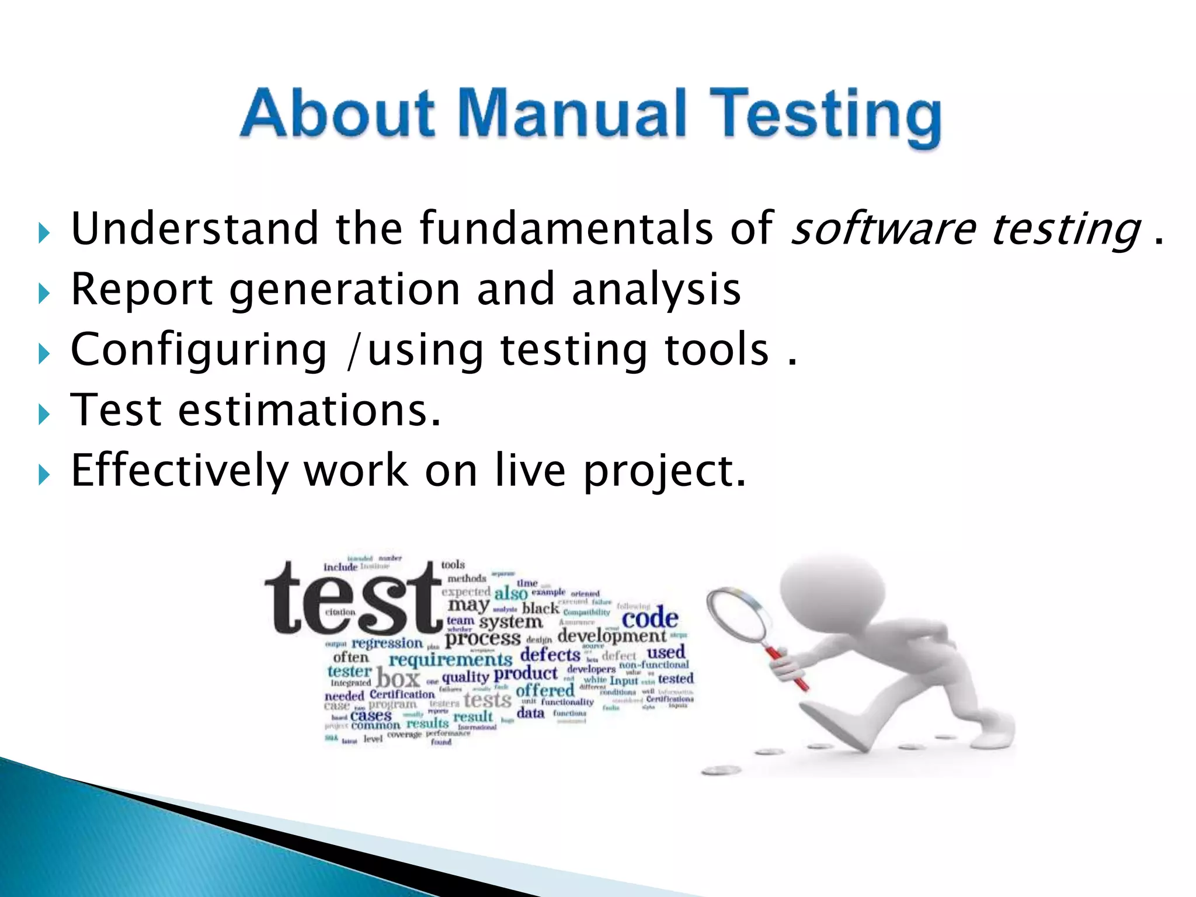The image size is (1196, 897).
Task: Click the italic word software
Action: pyautogui.click(x=882, y=228)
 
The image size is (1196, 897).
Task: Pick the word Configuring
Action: pyautogui.click(x=199, y=350)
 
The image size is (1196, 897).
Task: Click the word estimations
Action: pyautogui.click(x=309, y=411)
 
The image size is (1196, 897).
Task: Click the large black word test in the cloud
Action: pyautogui.click(x=353, y=599)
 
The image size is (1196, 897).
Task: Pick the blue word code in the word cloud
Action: pyautogui.click(x=649, y=618)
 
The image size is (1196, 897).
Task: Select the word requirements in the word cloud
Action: pyautogui.click(x=450, y=660)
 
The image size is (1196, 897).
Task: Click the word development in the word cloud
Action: pyautogui.click(x=611, y=635)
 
